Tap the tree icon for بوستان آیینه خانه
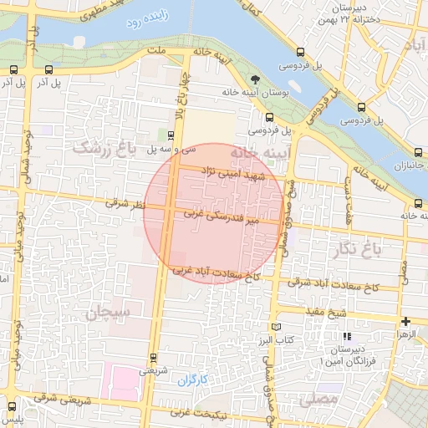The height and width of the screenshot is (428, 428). pos(255,81)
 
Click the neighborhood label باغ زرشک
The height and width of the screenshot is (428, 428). pos(104,149)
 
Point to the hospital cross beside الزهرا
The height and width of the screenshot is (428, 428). pos(405,322)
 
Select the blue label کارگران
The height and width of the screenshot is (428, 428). pos(191,380)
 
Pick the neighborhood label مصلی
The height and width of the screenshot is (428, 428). pos(319,400)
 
